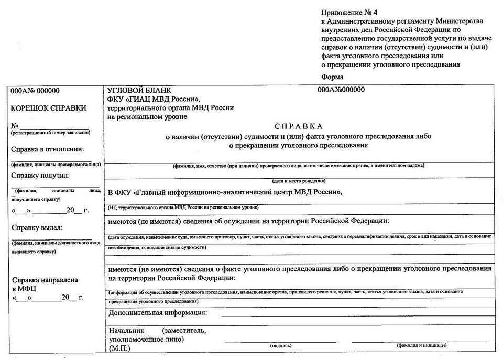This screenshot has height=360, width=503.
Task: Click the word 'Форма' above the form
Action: pyautogui.click(x=332, y=77)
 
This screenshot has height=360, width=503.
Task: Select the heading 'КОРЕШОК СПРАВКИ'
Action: pyautogui.click(x=49, y=108)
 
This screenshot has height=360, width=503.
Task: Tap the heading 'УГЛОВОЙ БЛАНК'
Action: pyautogui.click(x=139, y=90)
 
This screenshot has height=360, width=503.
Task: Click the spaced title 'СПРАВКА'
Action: pyautogui.click(x=299, y=126)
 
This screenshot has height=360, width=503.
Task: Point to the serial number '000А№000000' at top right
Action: pyautogui.click(x=341, y=90)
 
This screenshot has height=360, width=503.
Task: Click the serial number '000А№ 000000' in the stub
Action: pyautogui.click(x=35, y=91)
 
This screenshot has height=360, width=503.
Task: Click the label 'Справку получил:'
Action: pyautogui.click(x=40, y=176)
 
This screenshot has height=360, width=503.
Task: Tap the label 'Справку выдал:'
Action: pyautogui.click(x=37, y=227)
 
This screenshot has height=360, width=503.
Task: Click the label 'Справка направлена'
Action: pyautogui.click(x=45, y=280)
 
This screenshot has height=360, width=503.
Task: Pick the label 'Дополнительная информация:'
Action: pyautogui.click(x=158, y=313)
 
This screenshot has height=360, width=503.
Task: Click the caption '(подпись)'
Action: pyautogui.click(x=281, y=346)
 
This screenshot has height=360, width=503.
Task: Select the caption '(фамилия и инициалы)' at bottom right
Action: pyautogui.click(x=422, y=346)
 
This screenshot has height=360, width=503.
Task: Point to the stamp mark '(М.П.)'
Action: pyautogui.click(x=120, y=347)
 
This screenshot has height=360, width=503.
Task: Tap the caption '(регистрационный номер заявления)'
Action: pyautogui.click(x=50, y=133)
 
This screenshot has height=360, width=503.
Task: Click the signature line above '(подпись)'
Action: pyautogui.click(x=281, y=341)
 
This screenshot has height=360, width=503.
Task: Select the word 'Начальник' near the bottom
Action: pyautogui.click(x=126, y=331)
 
